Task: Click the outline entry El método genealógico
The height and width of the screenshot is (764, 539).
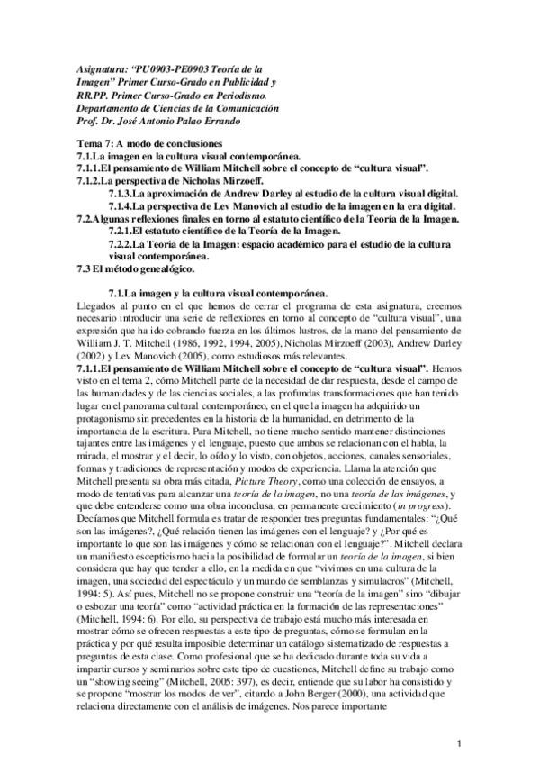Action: (x=141, y=268)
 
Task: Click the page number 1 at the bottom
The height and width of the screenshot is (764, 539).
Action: (x=459, y=742)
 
